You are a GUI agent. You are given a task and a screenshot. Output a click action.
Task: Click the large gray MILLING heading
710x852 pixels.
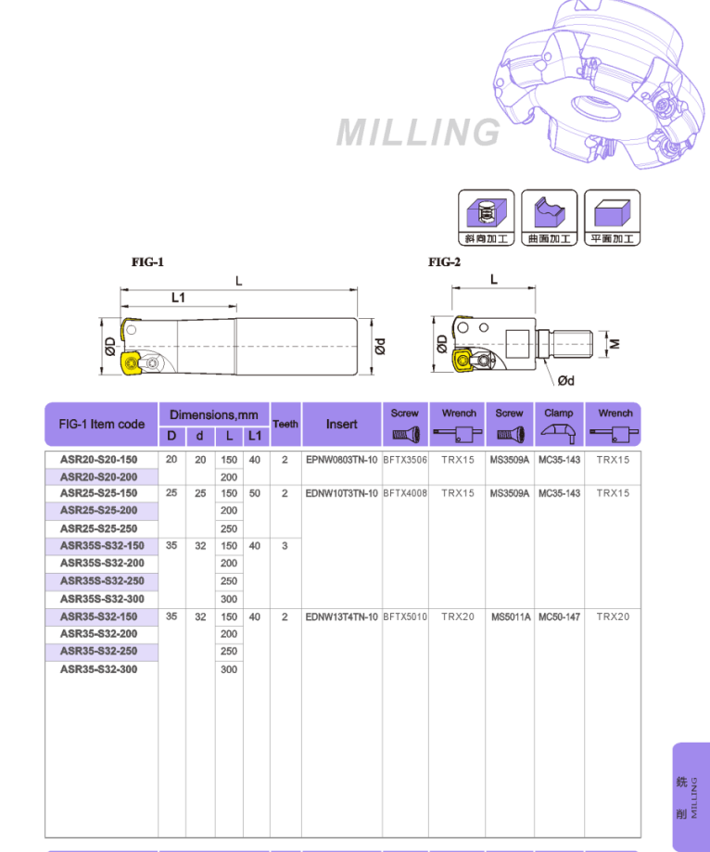[418, 132]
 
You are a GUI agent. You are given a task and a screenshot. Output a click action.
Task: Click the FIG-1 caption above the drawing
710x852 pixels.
[147, 262]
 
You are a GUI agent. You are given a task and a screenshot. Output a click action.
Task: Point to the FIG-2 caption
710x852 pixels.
[444, 262]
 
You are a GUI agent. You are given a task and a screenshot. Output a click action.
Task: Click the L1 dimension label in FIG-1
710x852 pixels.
[178, 297]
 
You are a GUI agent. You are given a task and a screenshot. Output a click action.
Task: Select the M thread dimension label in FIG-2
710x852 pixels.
[615, 344]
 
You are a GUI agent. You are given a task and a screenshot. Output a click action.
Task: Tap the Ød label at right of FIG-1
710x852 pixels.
[379, 345]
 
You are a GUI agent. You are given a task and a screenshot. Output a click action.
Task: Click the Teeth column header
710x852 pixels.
[285, 424]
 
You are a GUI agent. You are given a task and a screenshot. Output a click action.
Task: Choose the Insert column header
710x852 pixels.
[341, 424]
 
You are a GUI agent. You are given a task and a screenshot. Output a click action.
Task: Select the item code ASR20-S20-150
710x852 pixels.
[98, 460]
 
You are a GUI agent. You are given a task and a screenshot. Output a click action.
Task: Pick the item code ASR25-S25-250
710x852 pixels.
[98, 528]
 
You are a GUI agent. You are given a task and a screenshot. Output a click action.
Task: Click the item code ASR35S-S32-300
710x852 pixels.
[102, 599]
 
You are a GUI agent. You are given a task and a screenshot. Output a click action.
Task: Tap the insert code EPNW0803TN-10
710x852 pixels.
[341, 460]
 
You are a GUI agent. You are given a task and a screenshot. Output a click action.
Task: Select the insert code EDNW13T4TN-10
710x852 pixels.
[341, 617]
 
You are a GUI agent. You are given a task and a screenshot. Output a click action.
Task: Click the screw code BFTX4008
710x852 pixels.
[405, 493]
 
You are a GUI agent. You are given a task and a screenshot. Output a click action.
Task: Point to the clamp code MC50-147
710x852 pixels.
[559, 617]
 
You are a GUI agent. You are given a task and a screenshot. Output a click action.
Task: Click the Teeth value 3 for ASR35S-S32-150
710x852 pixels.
[285, 546]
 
